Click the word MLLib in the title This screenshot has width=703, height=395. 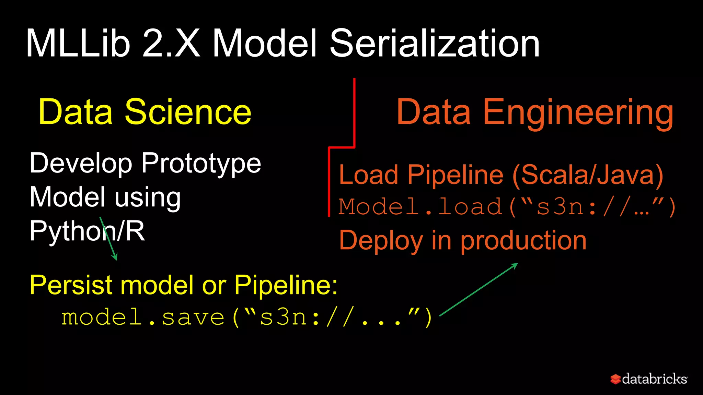[x=78, y=44]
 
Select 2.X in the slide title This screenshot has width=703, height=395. [x=171, y=44]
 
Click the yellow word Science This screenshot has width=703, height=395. [x=188, y=112]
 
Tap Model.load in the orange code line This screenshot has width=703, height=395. [x=420, y=207]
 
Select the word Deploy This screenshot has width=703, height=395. [x=381, y=241]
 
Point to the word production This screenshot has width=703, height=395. [x=523, y=241]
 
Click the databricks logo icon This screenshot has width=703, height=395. [x=615, y=379]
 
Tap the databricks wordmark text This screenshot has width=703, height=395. [x=654, y=379]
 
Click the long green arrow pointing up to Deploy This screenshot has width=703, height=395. [x=479, y=289]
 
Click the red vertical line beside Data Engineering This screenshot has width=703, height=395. [x=354, y=113]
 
